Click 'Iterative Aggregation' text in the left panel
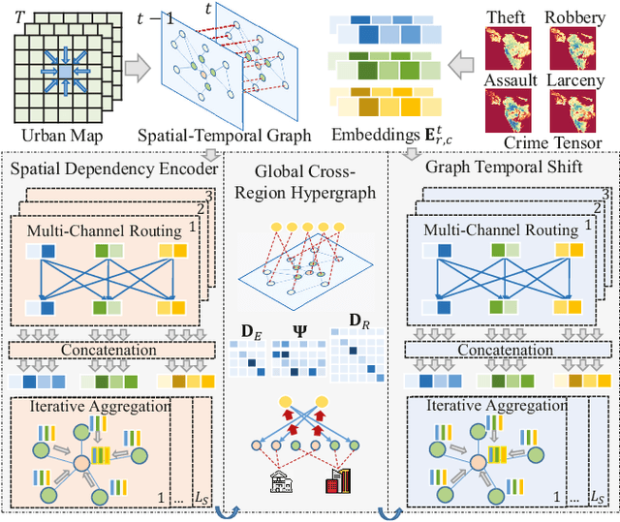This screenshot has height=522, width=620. tap(93, 406)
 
